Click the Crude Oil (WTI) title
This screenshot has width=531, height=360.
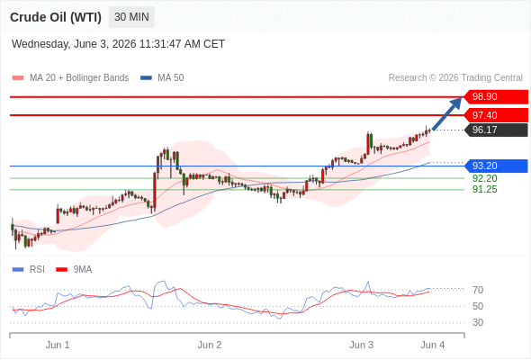[x=56, y=17]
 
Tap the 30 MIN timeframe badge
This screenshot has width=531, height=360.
[x=131, y=17]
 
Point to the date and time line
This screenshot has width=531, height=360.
[x=118, y=44]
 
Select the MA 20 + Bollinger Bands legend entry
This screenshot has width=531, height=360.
[x=70, y=78]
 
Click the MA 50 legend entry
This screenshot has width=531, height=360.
[x=162, y=78]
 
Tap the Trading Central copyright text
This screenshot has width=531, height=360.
[x=455, y=78]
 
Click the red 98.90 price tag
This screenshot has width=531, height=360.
[x=496, y=97]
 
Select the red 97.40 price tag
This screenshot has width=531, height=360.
[x=496, y=115]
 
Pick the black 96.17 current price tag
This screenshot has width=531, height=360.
[x=496, y=130]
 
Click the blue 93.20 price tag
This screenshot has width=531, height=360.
[x=496, y=166]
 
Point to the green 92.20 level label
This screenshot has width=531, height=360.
[x=484, y=178]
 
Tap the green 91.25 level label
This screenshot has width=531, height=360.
[x=484, y=189]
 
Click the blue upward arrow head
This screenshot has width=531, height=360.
[x=456, y=103]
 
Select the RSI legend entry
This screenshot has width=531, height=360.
[x=29, y=270]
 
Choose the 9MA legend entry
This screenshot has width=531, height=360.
[x=74, y=270]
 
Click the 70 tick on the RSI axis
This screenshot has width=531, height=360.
[x=478, y=290]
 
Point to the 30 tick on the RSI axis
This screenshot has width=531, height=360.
[x=478, y=322]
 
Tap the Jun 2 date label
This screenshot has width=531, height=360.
[x=210, y=345]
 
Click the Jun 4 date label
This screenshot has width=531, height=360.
[x=433, y=345]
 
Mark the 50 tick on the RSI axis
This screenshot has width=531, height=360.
[x=478, y=306]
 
